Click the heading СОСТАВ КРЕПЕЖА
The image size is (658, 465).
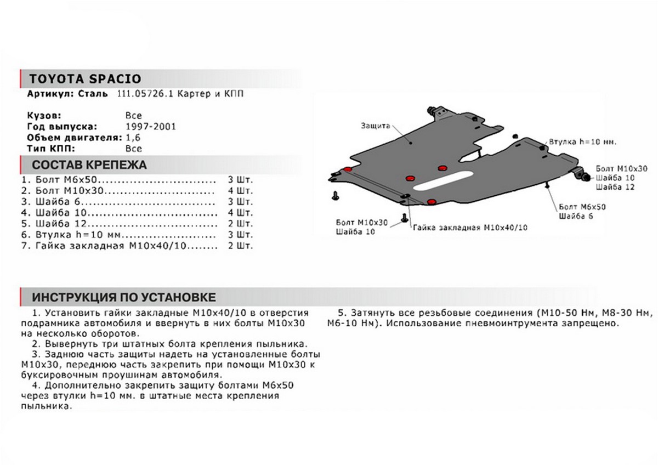click(89, 165)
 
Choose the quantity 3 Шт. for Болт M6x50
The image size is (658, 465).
click(240, 180)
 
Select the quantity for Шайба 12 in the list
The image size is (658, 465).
click(240, 224)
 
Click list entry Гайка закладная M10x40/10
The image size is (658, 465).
click(110, 246)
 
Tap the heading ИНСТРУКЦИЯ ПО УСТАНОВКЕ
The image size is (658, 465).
click(123, 298)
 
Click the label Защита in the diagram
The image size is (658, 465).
click(375, 126)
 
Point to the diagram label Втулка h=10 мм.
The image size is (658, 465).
click(583, 141)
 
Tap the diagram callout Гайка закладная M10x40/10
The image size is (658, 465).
click(473, 228)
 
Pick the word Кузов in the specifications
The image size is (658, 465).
click(40, 116)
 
